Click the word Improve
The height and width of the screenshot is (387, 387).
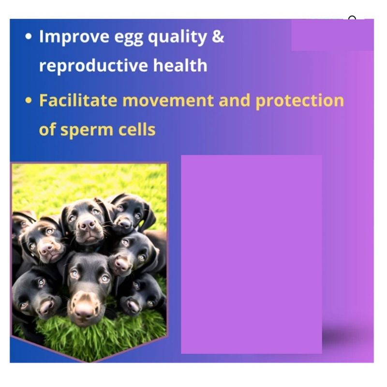coord(74,37)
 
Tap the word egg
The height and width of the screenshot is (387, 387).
coord(129,38)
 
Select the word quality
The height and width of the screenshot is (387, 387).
coord(177,37)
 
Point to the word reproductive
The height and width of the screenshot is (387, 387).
coord(94,66)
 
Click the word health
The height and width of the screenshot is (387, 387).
coord(180,65)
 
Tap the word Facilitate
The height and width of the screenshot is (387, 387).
coord(78,100)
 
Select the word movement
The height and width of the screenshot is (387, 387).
coord(168,101)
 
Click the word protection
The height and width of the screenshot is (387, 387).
coord(299,102)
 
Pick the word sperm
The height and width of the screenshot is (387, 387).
coord(87,131)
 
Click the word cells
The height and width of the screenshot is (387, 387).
coord(137,129)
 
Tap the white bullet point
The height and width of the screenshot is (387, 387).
coord(29,37)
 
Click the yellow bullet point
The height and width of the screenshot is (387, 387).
coord(29,101)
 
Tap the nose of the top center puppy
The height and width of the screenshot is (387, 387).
coord(88,224)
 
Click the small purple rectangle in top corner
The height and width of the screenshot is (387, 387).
coord(332,35)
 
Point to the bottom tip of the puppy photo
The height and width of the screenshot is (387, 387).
coord(89,362)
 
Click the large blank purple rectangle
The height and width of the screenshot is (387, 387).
coord(252,254)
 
